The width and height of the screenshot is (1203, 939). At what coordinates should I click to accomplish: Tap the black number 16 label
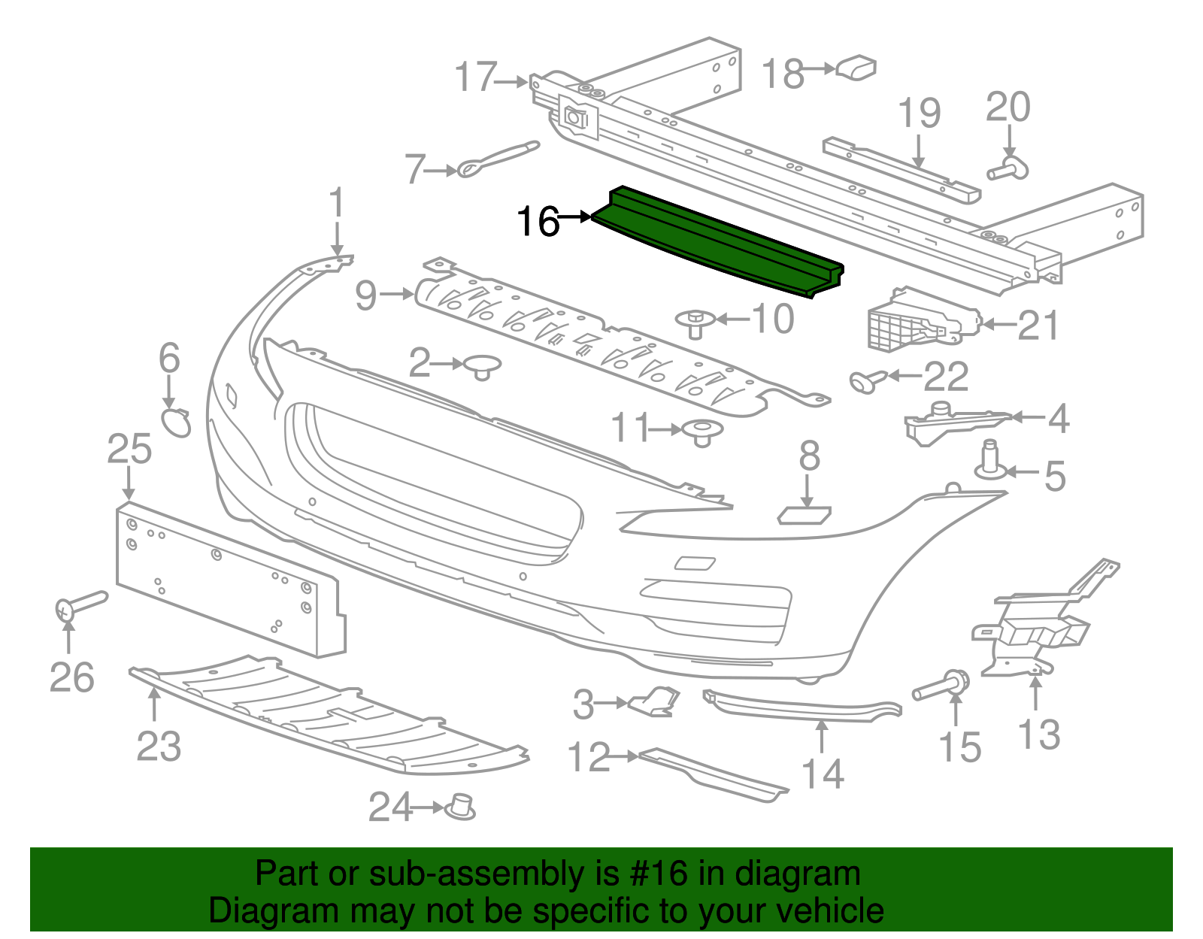[x=538, y=223]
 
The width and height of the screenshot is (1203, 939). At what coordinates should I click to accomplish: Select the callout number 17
[x=476, y=77]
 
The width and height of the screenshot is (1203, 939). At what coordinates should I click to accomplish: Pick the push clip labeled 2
[x=482, y=366]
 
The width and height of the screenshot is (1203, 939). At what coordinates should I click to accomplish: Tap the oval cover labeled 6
[x=177, y=423]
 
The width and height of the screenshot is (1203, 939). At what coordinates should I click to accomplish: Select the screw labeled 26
[x=79, y=603]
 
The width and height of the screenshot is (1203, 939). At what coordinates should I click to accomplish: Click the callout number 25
[x=129, y=449]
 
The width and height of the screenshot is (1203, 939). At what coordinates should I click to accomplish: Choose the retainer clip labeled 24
[x=459, y=807]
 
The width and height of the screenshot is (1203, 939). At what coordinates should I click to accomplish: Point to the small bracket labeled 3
[x=655, y=701]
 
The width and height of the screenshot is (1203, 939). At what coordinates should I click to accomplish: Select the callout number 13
[x=1038, y=735]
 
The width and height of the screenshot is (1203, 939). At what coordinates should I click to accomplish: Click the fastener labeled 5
[x=989, y=460]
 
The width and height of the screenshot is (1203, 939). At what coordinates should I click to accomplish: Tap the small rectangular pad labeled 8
[x=805, y=515]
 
